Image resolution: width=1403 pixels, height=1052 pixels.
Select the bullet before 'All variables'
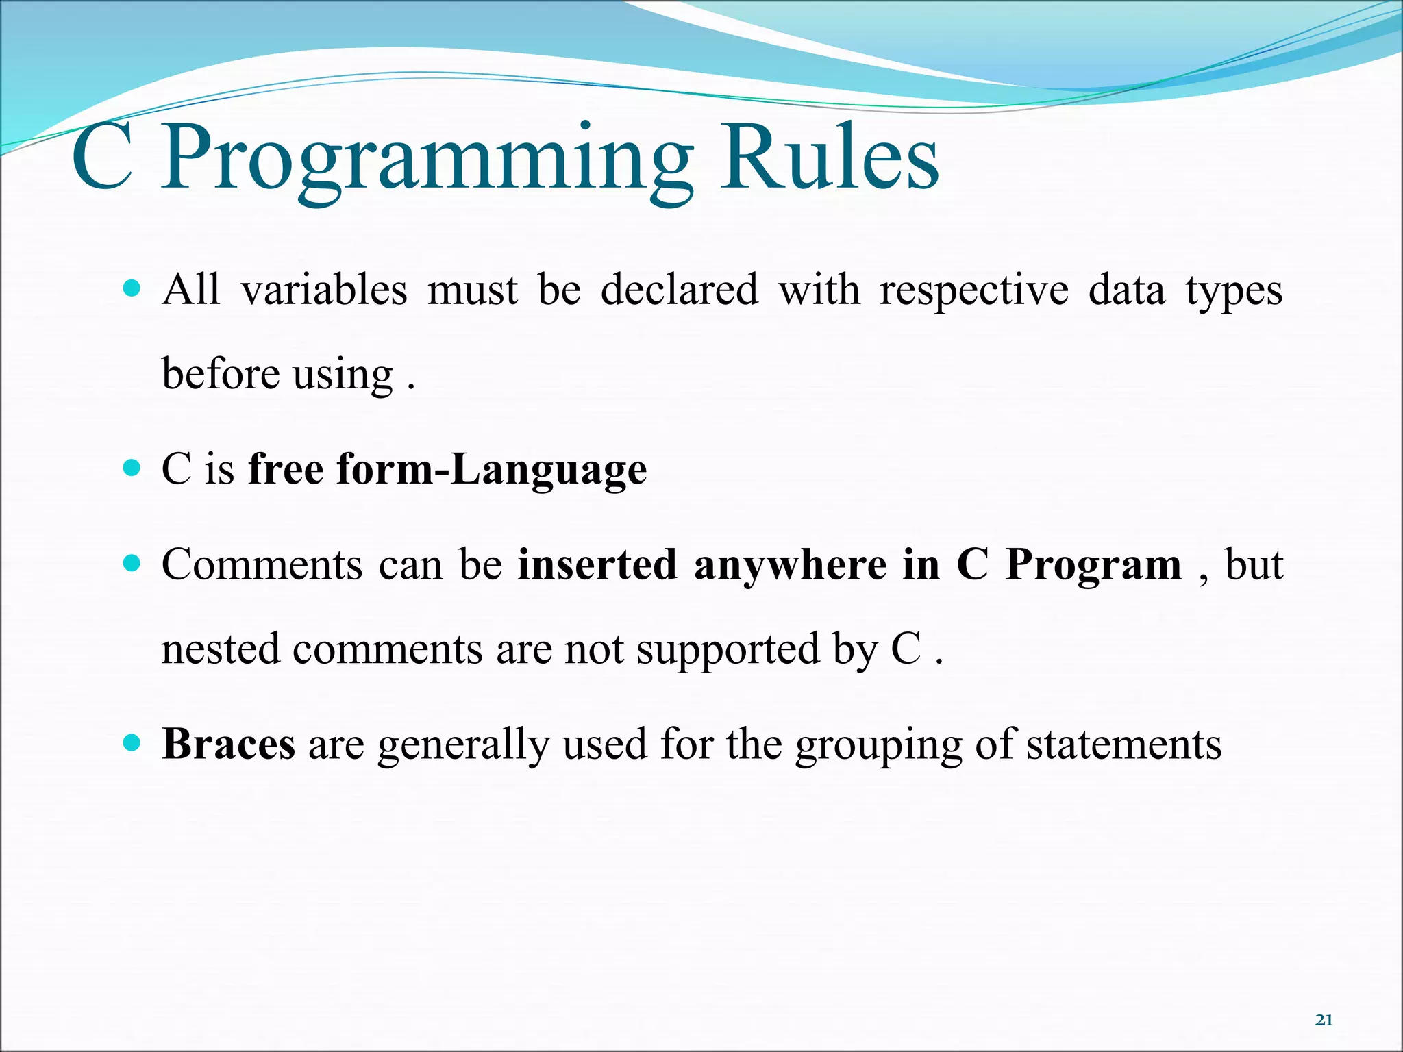click(131, 288)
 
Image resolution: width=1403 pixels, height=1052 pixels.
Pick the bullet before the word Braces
click(131, 742)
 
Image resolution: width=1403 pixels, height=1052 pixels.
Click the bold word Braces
click(229, 744)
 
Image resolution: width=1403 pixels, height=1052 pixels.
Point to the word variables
click(324, 290)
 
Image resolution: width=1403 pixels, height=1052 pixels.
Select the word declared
click(680, 290)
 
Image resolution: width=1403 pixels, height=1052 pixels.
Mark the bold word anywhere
click(790, 567)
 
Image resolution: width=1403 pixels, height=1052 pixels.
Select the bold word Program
click(1093, 567)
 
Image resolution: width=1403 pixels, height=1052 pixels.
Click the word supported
click(728, 651)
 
